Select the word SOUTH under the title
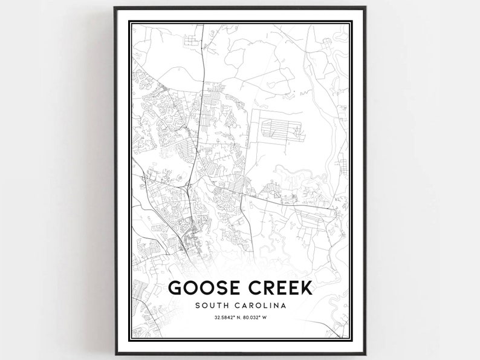[212, 306]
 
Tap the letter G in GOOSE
[175, 287]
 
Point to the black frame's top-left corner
[115, 8]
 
